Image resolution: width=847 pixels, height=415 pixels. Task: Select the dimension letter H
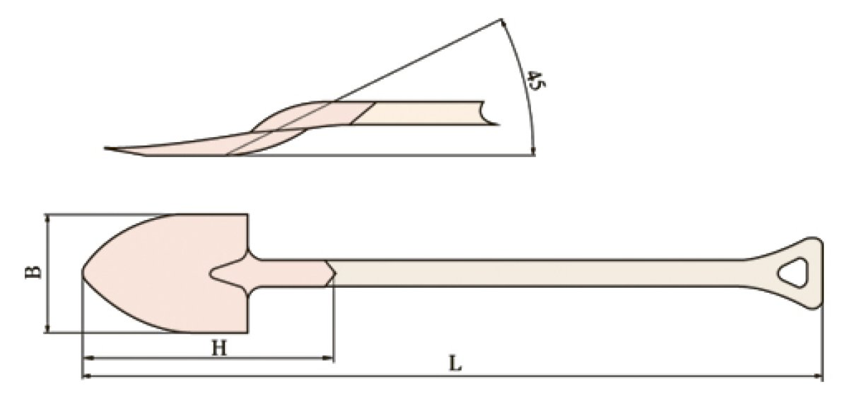(218, 348)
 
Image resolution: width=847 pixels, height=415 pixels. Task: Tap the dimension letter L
(454, 364)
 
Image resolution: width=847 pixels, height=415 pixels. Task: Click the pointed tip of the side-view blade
(107, 149)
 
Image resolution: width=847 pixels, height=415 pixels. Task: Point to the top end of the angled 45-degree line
(500, 19)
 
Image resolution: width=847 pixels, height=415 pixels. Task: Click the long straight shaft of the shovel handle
(538, 272)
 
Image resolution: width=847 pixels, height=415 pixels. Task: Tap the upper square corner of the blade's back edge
(247, 215)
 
